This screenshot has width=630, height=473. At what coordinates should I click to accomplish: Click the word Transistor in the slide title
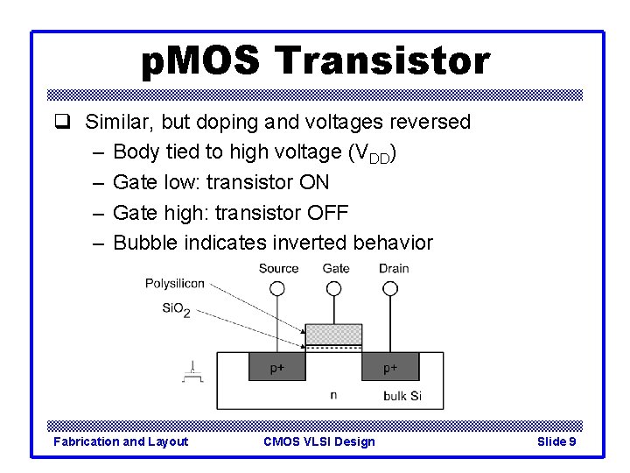pos(382,61)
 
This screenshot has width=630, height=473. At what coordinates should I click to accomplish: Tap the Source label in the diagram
pos(278,269)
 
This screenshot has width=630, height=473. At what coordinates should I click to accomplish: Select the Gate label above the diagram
pos(336,269)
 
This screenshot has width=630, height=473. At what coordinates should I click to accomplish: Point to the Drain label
pos(394,269)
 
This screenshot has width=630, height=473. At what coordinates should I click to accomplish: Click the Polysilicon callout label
pos(175,283)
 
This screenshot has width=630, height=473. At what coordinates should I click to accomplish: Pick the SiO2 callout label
pos(176,309)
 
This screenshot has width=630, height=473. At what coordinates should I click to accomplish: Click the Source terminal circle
pos(277,288)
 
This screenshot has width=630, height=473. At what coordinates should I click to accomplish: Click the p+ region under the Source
pos(276,368)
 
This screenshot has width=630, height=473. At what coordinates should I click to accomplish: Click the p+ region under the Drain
pos(391,368)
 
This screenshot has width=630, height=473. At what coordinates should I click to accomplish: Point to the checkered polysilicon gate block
pos(333,334)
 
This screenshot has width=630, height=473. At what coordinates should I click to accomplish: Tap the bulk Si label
pos(402,396)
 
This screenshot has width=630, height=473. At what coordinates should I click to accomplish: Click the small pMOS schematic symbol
pos(192,374)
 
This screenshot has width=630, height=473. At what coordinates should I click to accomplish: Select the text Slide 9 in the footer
pos(556,441)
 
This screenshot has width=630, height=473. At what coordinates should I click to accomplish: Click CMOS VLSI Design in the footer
pos(318,441)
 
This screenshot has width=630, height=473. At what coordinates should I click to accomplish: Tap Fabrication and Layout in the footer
pos(121,441)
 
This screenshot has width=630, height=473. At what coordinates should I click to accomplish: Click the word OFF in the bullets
pos(328,213)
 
